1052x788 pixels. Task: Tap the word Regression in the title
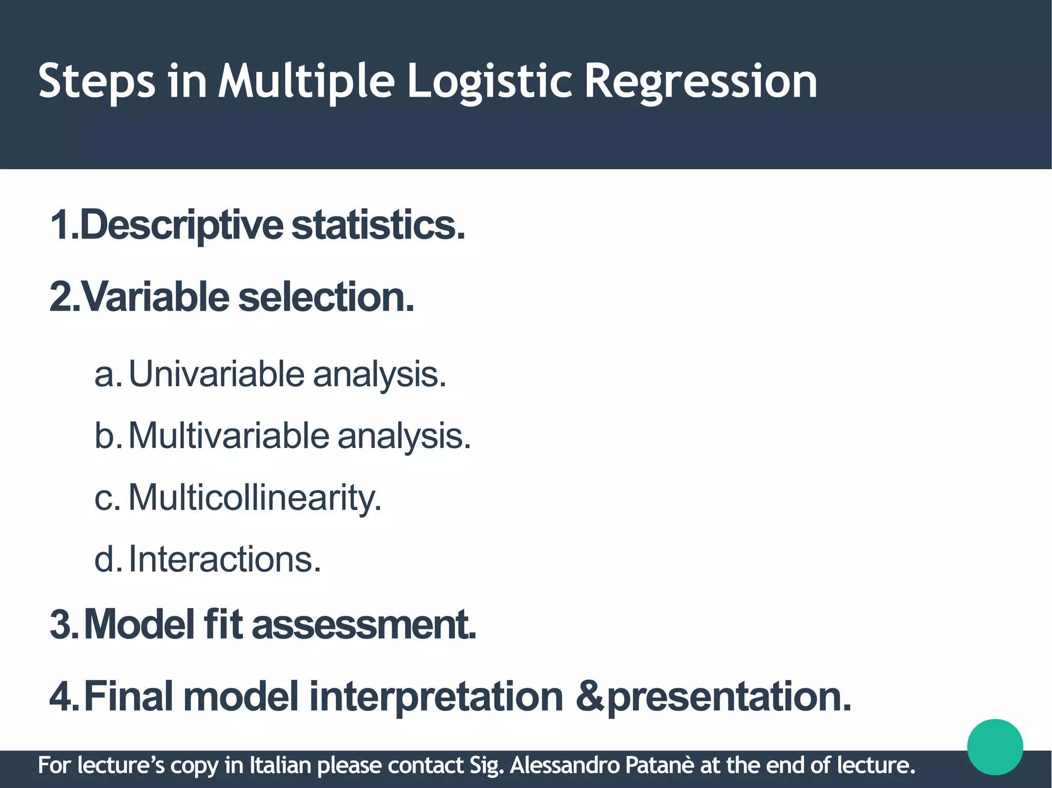(x=700, y=82)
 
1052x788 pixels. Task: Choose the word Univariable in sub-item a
(x=216, y=374)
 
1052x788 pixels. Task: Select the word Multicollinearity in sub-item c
(x=254, y=497)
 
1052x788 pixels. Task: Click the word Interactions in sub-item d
(x=224, y=559)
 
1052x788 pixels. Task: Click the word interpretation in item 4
(x=436, y=697)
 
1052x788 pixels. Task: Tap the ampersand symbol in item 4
(x=590, y=697)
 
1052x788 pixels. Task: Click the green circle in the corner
(x=994, y=747)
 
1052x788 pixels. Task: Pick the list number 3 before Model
(x=62, y=625)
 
